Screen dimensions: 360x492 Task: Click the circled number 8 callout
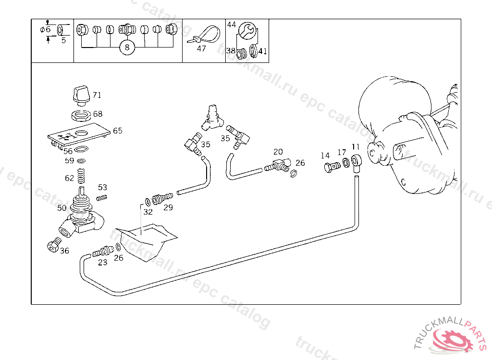click(x=127, y=47)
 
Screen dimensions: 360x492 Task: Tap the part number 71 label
click(x=97, y=95)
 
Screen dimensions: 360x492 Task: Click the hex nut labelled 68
click(x=81, y=115)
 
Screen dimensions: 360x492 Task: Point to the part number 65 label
click(x=118, y=131)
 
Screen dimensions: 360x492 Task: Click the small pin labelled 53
click(x=102, y=196)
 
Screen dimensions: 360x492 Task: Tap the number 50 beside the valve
click(x=61, y=208)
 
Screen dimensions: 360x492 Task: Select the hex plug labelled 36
click(x=53, y=247)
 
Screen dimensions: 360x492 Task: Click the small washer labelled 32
click(x=147, y=201)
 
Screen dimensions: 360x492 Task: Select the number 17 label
click(x=341, y=153)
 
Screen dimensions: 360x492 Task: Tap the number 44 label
click(x=232, y=24)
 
